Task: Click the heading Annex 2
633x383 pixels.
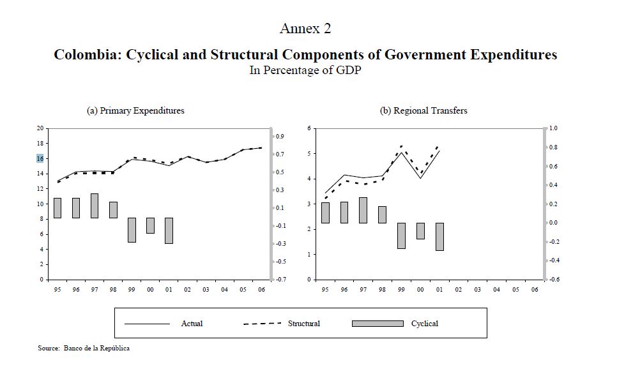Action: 305,29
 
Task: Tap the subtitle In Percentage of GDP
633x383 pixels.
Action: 305,70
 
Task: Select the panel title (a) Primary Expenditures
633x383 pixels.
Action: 135,110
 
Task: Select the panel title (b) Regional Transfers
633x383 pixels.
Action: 423,110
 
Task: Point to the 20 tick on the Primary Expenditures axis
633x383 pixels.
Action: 40,128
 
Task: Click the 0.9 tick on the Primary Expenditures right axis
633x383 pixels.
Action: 280,137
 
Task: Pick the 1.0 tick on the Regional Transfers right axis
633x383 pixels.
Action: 554,128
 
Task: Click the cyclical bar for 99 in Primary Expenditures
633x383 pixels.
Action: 132,230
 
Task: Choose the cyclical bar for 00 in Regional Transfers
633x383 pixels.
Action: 420,231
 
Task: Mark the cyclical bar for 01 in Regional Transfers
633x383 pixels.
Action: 439,237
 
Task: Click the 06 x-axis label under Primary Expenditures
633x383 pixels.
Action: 261,290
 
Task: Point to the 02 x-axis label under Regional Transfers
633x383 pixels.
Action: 459,290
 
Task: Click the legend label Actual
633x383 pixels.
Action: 192,324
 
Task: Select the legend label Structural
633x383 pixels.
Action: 304,324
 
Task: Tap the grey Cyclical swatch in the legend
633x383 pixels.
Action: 378,324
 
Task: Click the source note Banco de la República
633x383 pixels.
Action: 96,348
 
